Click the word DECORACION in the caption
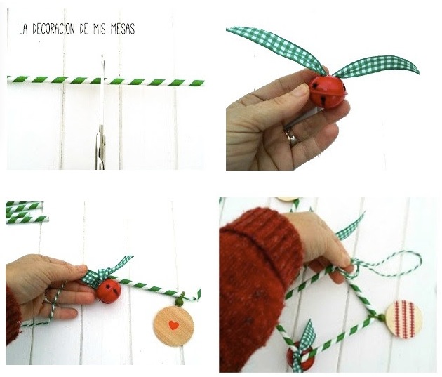(x=53, y=29)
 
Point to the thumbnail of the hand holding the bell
(x=302, y=90)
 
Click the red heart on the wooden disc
(x=174, y=325)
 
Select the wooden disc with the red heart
(x=174, y=326)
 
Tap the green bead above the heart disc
(x=179, y=302)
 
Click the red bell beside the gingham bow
(x=109, y=291)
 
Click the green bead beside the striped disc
(x=382, y=318)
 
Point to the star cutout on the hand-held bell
(x=314, y=86)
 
